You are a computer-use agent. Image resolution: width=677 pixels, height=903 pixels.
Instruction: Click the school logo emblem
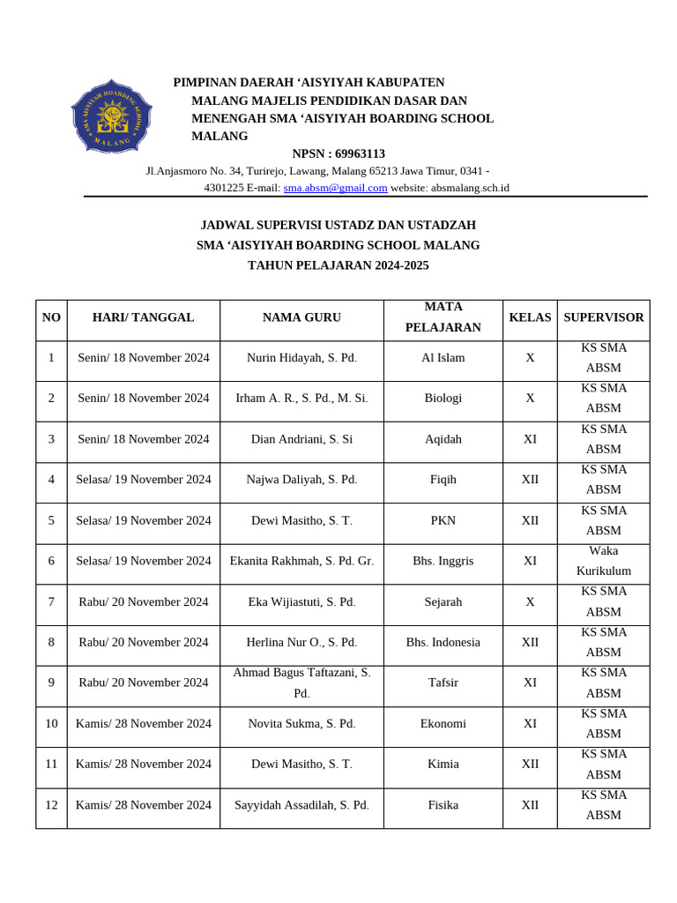click(x=111, y=116)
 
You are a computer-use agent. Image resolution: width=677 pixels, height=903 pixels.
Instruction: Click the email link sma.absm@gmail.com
click(x=335, y=188)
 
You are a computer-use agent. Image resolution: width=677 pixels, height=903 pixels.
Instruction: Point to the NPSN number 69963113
click(x=360, y=153)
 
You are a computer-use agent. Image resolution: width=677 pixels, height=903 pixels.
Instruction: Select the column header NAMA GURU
click(x=301, y=317)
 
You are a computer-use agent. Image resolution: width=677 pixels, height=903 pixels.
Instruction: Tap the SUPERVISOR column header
click(x=603, y=317)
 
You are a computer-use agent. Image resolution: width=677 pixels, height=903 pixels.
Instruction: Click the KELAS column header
click(x=530, y=317)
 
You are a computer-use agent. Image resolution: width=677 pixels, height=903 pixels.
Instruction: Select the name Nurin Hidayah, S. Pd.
click(x=301, y=358)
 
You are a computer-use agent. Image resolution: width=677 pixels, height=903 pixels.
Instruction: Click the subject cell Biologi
click(x=443, y=399)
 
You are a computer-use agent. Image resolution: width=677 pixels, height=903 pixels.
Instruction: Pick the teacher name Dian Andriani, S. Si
click(x=301, y=439)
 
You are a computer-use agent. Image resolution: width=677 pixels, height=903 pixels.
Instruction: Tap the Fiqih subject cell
click(x=443, y=480)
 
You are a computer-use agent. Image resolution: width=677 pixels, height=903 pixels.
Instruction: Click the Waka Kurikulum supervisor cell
click(x=603, y=561)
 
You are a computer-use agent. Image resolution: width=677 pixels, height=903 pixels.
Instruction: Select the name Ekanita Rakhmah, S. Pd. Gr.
click(x=301, y=561)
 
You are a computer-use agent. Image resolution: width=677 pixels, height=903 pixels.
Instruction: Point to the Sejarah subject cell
click(x=443, y=602)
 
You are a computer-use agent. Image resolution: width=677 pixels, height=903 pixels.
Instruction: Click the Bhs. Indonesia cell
click(x=443, y=643)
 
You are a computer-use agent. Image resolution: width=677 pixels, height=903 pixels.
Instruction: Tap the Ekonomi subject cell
click(x=443, y=724)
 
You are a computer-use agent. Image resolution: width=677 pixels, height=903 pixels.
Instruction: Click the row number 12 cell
click(x=51, y=805)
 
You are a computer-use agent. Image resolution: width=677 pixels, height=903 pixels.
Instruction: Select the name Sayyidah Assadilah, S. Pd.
click(x=301, y=805)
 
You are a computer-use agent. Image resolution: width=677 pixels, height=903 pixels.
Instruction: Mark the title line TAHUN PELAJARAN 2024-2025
click(x=338, y=265)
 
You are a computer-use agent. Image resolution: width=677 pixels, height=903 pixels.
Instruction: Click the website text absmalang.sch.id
click(x=470, y=188)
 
